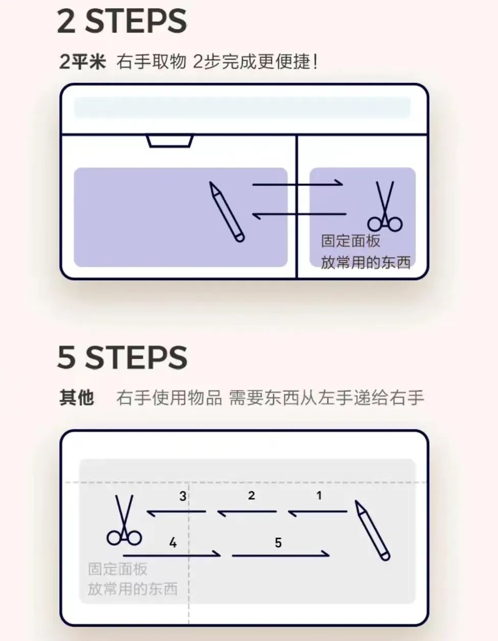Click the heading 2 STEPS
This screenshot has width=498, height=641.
(121, 21)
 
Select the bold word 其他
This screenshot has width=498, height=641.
(77, 397)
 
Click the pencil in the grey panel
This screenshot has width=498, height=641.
(372, 530)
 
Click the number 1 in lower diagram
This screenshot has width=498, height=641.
(319, 495)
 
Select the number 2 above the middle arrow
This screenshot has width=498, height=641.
(251, 495)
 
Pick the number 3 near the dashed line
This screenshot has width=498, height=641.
(183, 496)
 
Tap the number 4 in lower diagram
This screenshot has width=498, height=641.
(172, 543)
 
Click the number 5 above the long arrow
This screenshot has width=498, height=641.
(278, 543)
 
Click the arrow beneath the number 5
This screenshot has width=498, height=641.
(281, 554)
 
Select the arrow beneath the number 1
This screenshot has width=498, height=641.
(317, 511)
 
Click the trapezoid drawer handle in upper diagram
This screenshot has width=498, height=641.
(169, 141)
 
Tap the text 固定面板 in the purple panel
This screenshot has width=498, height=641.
(351, 241)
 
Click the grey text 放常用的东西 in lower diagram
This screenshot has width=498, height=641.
(133, 589)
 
